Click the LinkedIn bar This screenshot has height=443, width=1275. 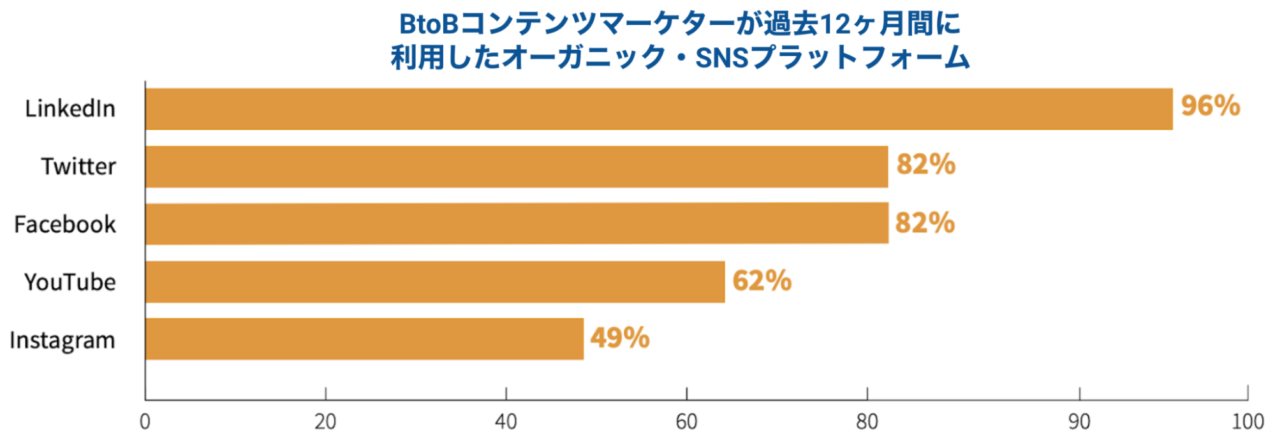click(x=658, y=109)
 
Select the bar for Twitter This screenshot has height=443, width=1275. click(x=516, y=167)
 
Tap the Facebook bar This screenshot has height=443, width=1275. click(x=516, y=223)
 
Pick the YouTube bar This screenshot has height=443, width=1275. click(x=434, y=282)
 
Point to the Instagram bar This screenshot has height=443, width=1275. click(x=364, y=339)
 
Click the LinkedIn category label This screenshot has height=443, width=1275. click(x=70, y=109)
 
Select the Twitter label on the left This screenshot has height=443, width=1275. click(x=78, y=167)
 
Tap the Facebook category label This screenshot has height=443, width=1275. click(x=65, y=225)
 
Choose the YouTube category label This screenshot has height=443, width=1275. click(x=70, y=282)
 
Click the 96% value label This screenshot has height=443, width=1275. click(x=1210, y=106)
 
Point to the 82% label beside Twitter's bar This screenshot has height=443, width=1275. click(x=925, y=165)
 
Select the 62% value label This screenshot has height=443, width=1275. click(x=762, y=281)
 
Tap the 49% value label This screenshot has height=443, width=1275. click(x=619, y=338)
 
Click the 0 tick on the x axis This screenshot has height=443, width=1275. click(x=145, y=422)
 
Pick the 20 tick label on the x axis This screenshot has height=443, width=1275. click(x=325, y=422)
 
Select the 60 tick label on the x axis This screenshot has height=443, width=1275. click(x=686, y=422)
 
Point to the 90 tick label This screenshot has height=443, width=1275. click(x=1079, y=422)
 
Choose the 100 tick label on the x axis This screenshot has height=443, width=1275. click(x=1248, y=422)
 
